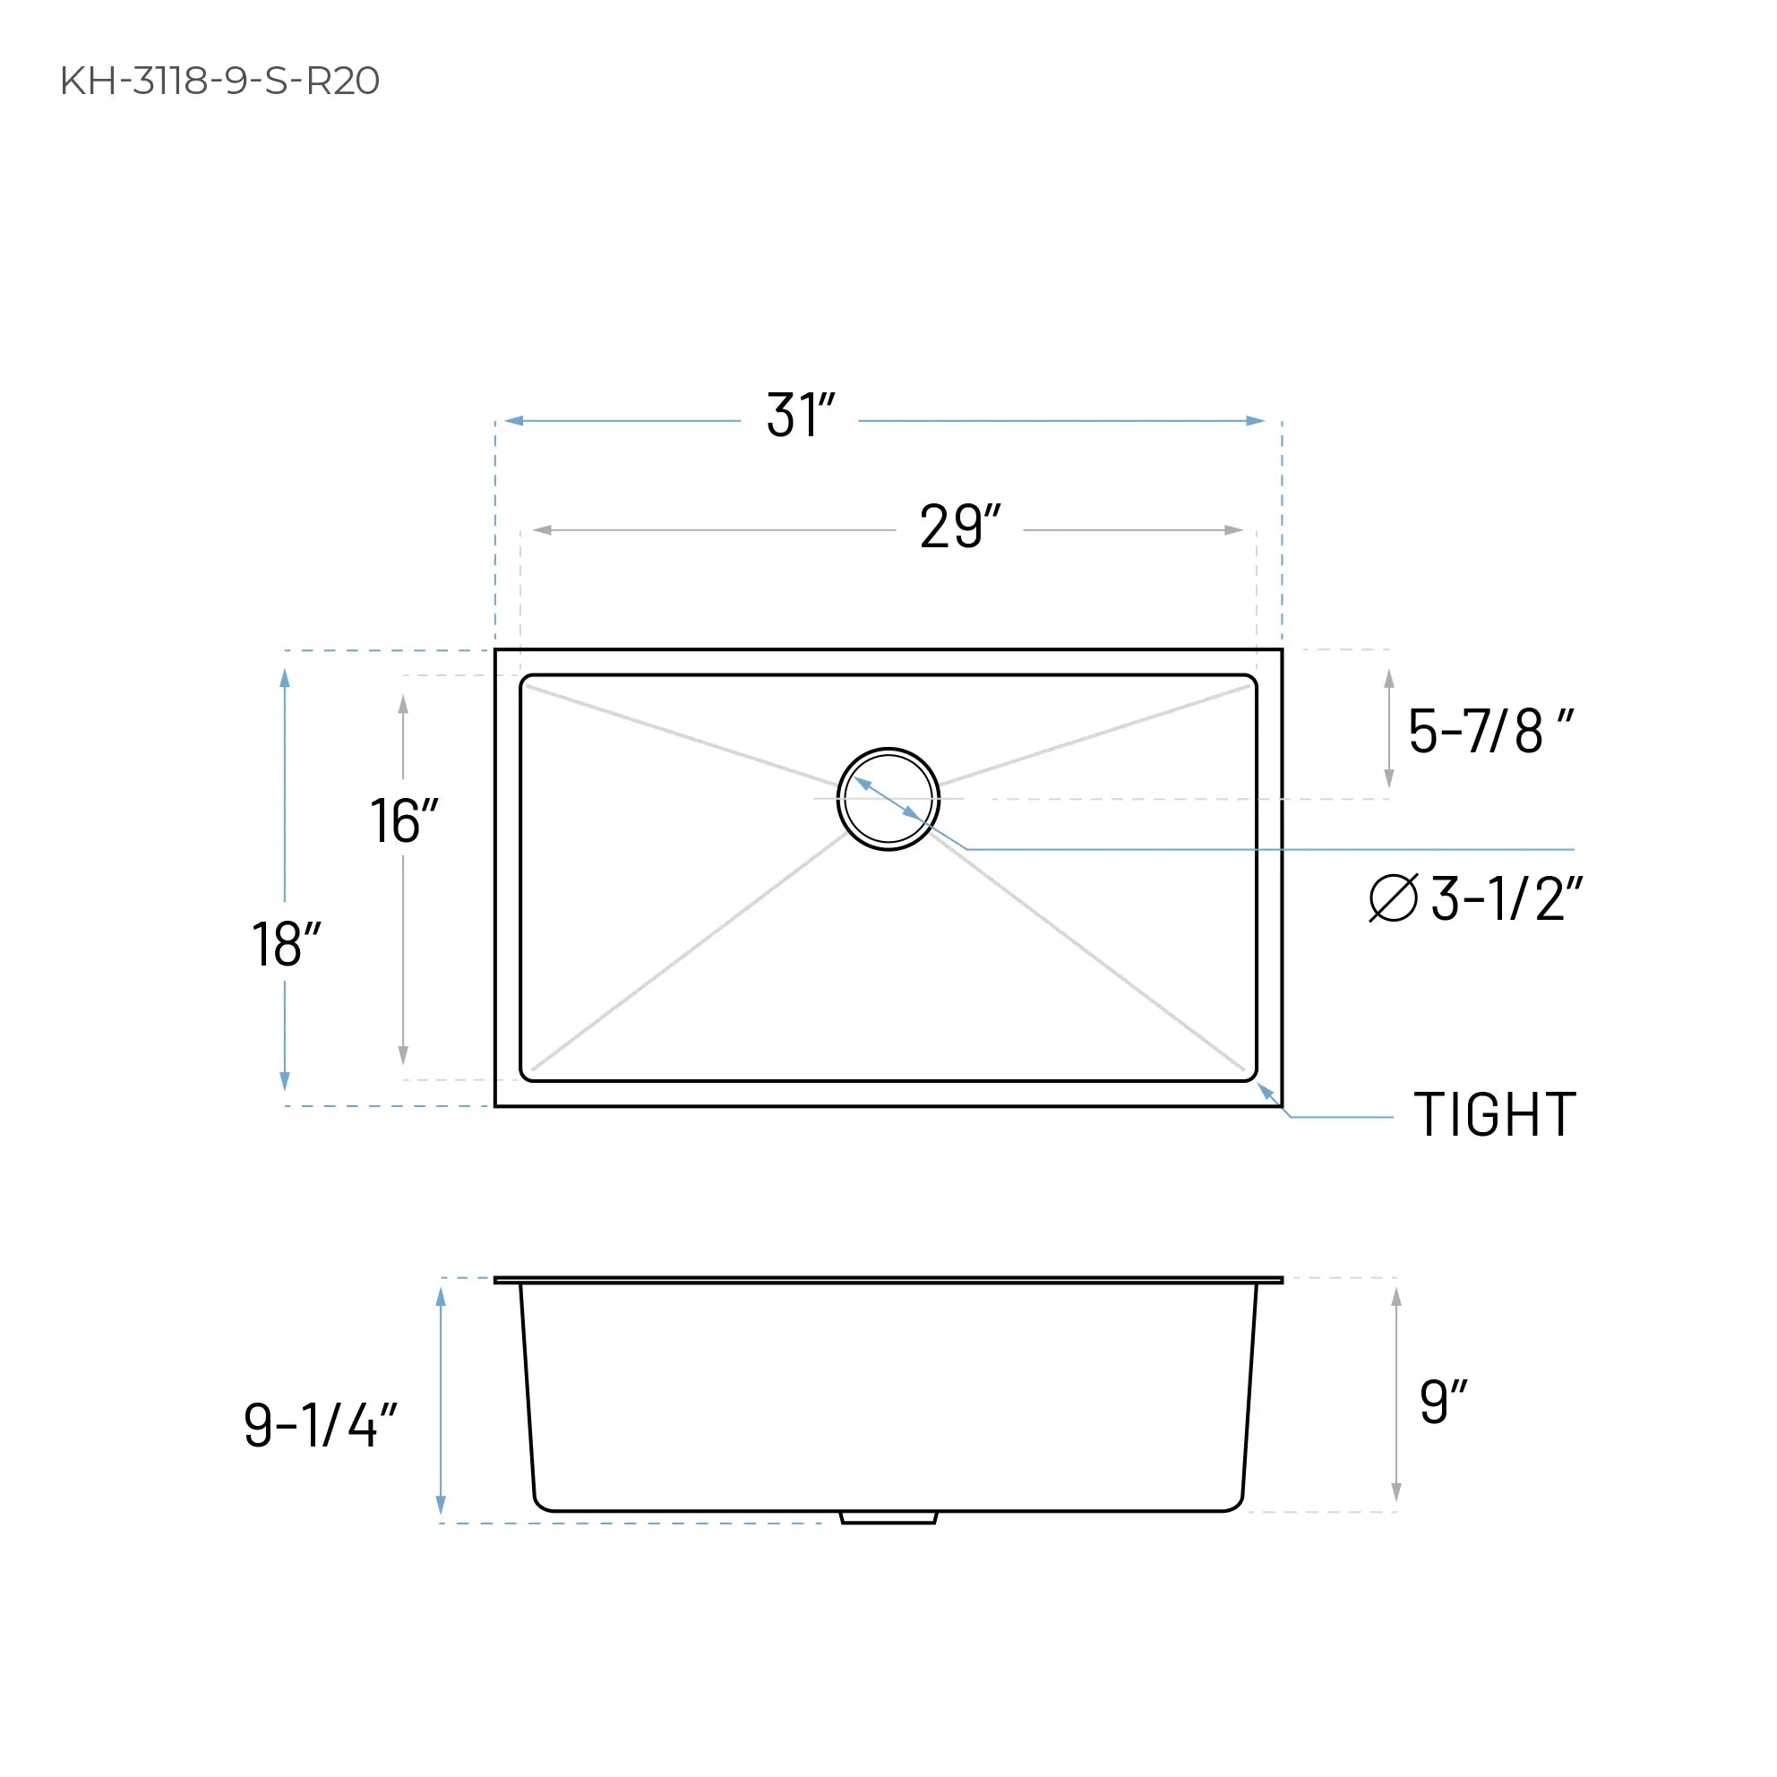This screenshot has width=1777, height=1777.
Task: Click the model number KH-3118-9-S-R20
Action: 219,81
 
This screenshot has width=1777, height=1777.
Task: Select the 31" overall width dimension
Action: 800,416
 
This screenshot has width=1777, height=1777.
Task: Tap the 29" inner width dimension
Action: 959,527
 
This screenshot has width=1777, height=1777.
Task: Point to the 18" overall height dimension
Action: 285,944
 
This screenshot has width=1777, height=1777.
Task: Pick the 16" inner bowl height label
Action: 403,820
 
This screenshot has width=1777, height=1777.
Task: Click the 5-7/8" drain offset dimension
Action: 1490,732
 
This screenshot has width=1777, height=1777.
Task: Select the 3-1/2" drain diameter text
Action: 1507,898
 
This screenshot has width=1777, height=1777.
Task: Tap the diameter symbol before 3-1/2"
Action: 1393,897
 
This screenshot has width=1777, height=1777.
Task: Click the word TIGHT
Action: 1495,1116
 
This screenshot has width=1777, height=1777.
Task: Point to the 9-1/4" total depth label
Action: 319,1425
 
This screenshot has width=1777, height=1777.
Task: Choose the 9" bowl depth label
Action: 1442,1402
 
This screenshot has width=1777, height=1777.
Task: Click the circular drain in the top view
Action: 888,798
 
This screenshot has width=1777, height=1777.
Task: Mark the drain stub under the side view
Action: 888,1516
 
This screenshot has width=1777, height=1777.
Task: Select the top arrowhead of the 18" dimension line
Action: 285,679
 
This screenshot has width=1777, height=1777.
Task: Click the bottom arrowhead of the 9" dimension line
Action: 1396,1492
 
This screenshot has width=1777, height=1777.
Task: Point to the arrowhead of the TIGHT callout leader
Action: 1266,1092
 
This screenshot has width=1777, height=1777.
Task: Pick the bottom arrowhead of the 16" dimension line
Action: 403,1055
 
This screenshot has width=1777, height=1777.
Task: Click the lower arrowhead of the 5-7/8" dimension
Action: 1389,779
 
